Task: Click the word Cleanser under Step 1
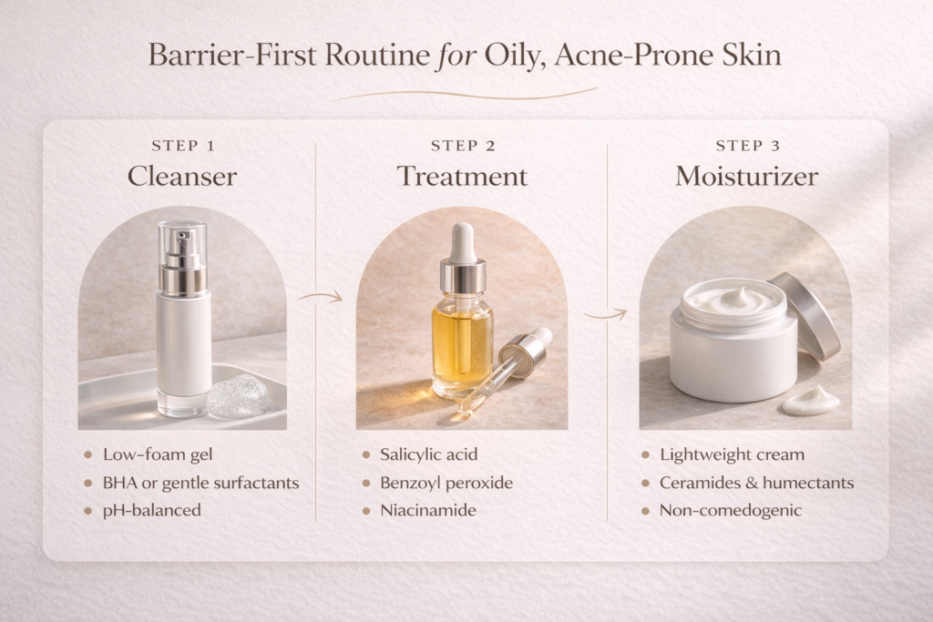click(x=181, y=176)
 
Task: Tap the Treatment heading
click(x=462, y=176)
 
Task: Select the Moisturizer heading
click(x=746, y=176)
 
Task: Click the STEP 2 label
click(x=462, y=146)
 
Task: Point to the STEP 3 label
click(x=746, y=146)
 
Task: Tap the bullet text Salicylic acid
click(x=428, y=454)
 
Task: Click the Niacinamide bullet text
click(x=427, y=510)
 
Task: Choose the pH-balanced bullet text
click(x=151, y=510)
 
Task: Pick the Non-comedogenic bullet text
click(x=731, y=510)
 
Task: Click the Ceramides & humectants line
click(x=756, y=483)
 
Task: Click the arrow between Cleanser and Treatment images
click(x=320, y=296)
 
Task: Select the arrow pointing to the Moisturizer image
click(x=605, y=314)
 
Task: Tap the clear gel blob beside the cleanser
click(x=239, y=396)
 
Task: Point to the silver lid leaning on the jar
click(x=805, y=315)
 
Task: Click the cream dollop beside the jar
click(x=811, y=399)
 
